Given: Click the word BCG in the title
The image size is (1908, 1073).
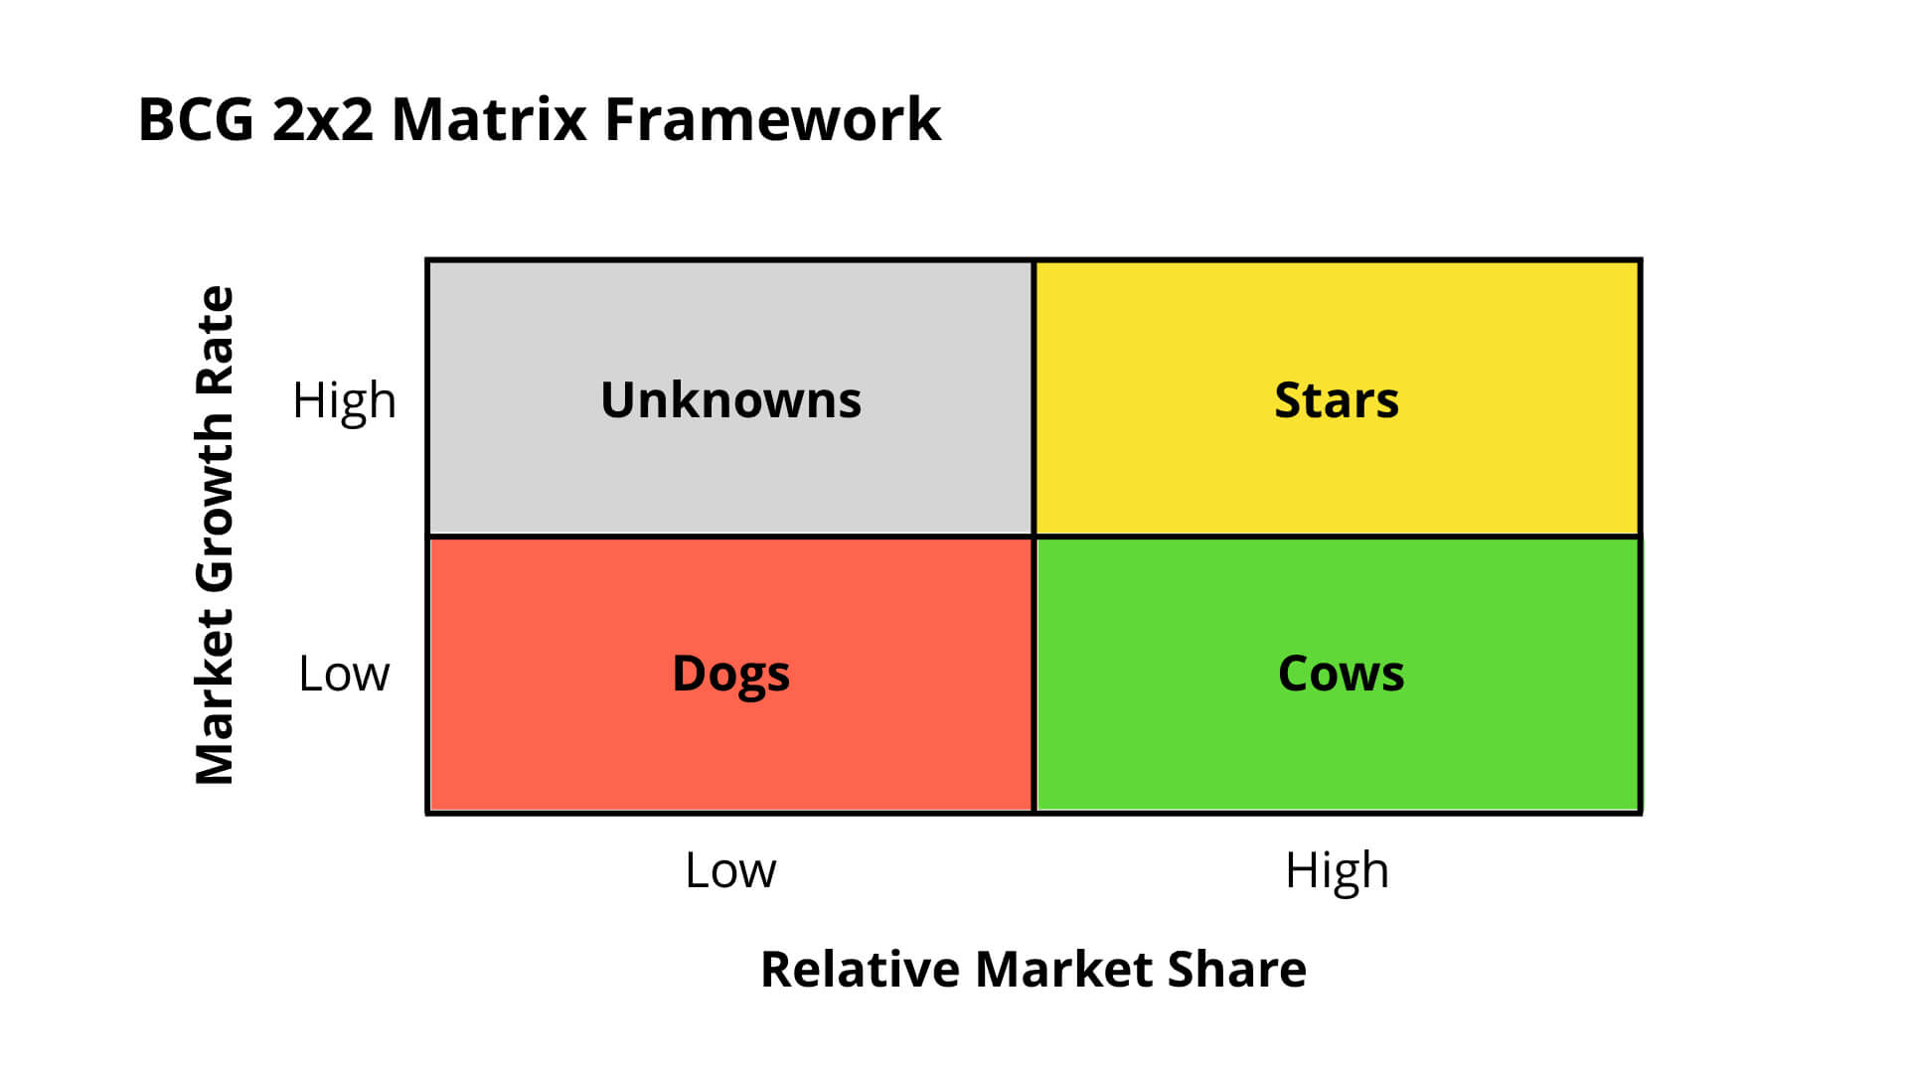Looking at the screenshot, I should [196, 120].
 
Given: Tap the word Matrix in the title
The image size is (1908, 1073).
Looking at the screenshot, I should [489, 120].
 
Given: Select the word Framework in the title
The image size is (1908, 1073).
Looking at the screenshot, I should [772, 120].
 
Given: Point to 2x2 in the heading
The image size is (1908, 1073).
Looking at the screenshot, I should [323, 120].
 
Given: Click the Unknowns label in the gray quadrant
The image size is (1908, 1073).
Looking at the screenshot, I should [730, 399].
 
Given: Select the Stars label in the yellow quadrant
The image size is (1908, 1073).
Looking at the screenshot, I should [1337, 399].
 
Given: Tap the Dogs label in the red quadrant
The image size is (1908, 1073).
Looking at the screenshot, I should [730, 674].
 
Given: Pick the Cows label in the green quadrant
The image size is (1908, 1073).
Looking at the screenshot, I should [1341, 674].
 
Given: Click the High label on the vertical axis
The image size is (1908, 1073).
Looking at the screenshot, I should [344, 400].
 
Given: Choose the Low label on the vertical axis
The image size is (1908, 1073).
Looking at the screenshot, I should [344, 674].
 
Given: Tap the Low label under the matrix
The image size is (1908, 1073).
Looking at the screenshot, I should [730, 870].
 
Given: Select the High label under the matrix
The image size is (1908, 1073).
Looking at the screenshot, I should [1337, 870].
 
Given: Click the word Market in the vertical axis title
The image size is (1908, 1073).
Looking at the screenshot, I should [215, 697].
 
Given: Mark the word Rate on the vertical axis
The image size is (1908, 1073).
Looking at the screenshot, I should [215, 339].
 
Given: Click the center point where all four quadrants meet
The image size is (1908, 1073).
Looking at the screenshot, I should [1033, 536].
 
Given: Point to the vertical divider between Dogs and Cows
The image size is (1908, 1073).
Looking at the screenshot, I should [1033, 676].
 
